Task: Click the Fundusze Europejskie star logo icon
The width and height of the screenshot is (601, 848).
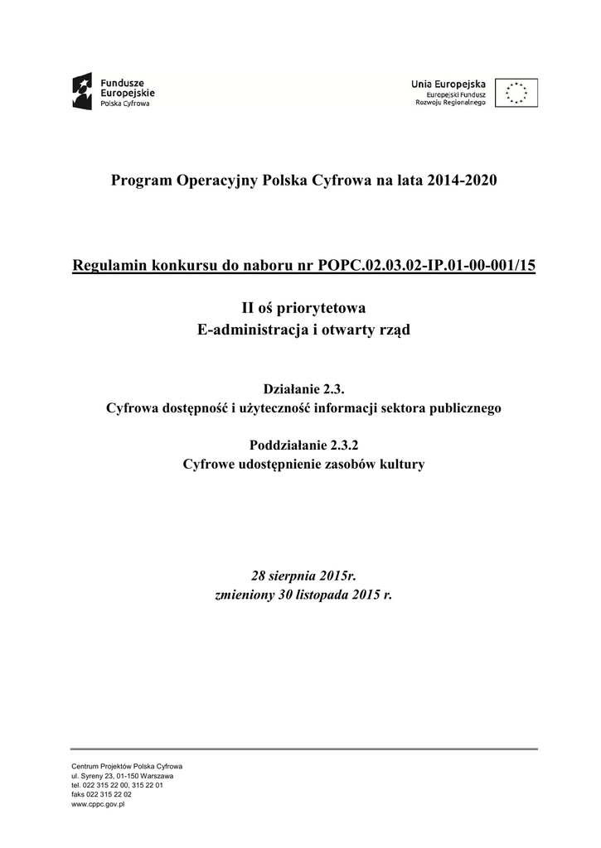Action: pyautogui.click(x=83, y=92)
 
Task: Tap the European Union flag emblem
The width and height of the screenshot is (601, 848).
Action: pyautogui.click(x=516, y=93)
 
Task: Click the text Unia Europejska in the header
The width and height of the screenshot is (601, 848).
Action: pyautogui.click(x=448, y=83)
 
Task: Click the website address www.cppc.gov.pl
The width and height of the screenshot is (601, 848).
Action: pyautogui.click(x=98, y=804)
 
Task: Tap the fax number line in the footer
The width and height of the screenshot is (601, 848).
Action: pyautogui.click(x=101, y=794)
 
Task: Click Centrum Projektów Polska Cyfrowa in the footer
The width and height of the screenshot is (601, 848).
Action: pyautogui.click(x=127, y=766)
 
